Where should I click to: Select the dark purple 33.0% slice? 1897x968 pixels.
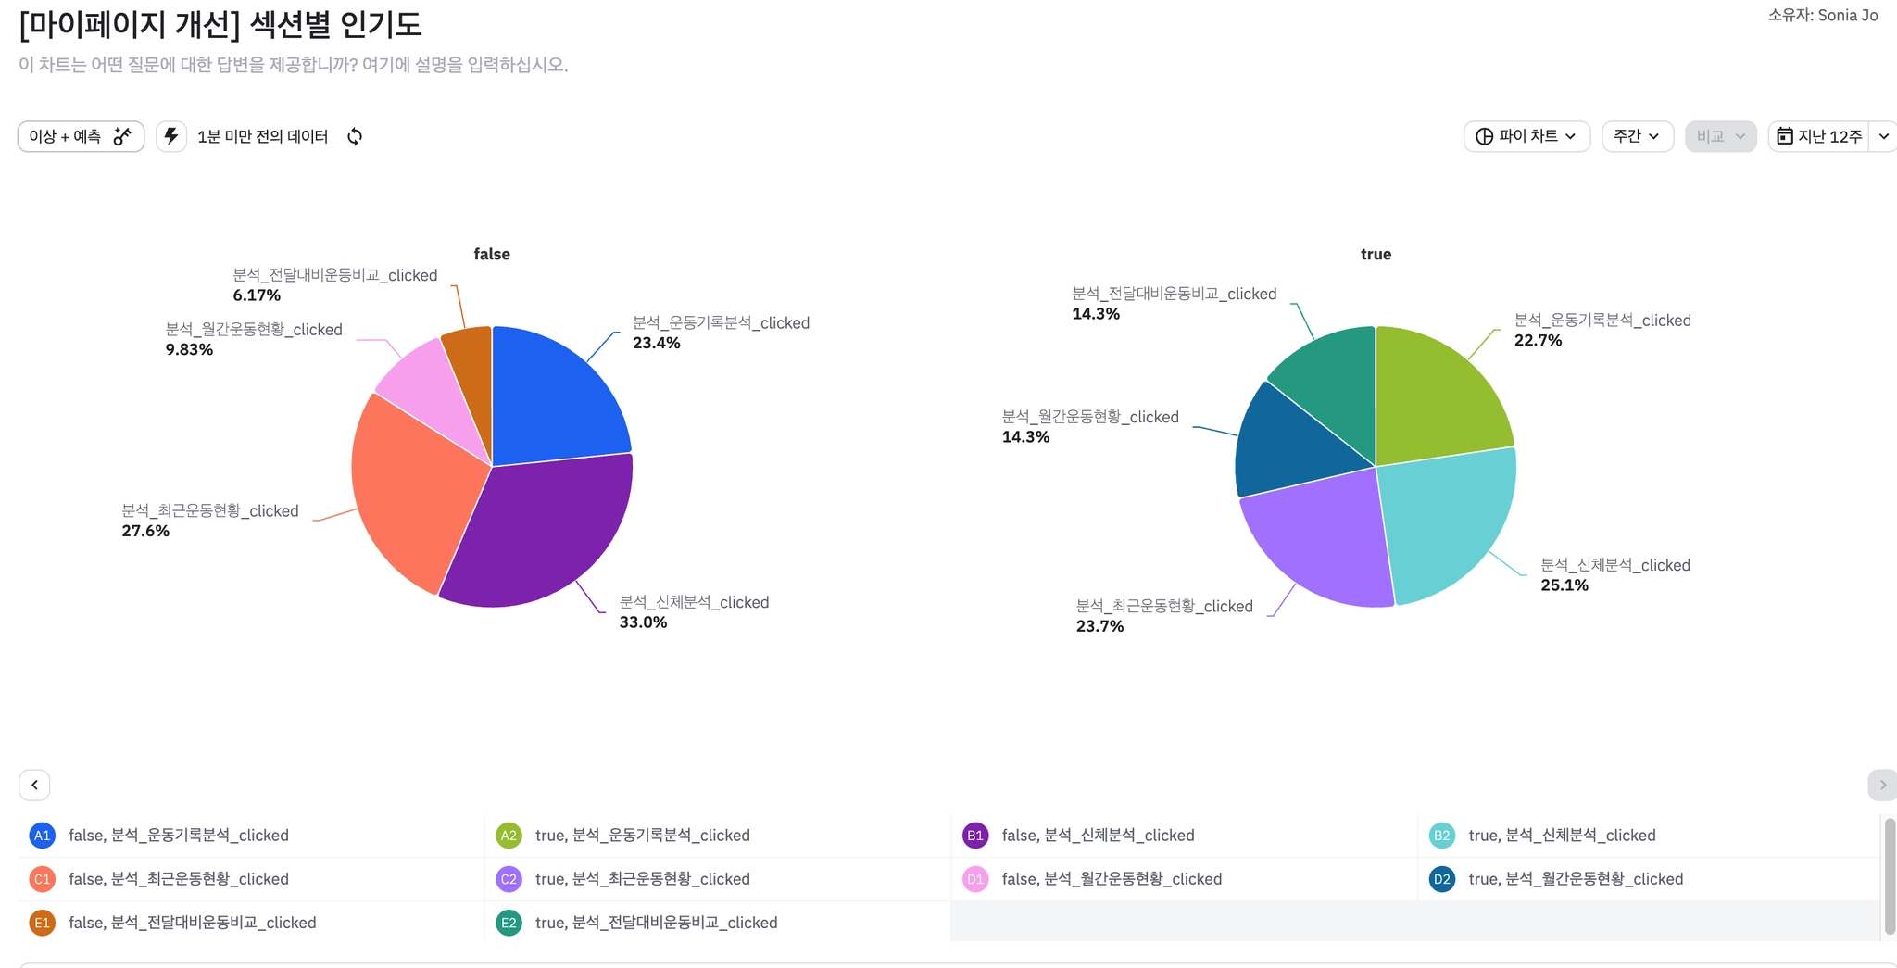537,537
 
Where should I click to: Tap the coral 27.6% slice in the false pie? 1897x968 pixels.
408,491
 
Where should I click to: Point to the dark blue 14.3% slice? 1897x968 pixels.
1288,445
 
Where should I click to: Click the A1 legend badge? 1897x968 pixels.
42,836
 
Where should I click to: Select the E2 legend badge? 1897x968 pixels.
509,923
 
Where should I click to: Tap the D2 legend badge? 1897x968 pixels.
1441,879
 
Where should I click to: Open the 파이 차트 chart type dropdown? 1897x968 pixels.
1526,136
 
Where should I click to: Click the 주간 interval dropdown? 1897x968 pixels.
1637,136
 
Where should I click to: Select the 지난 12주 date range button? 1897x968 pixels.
1819,136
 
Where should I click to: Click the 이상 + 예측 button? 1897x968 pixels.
81,136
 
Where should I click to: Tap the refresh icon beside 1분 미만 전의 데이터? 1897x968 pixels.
355,137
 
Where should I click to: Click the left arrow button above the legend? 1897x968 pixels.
34,785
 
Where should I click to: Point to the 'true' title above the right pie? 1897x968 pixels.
1376,254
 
